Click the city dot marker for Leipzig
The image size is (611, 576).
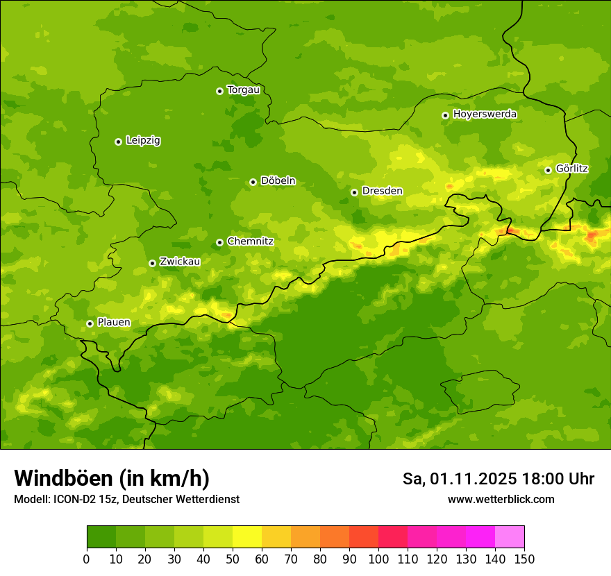pyautogui.click(x=118, y=142)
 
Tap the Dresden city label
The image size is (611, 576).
pyautogui.click(x=382, y=191)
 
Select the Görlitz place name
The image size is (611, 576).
pyautogui.click(x=571, y=169)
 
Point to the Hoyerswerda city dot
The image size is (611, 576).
pyautogui.click(x=445, y=115)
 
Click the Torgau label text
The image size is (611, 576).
pyautogui.click(x=243, y=90)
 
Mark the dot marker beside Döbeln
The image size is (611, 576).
pyautogui.click(x=253, y=182)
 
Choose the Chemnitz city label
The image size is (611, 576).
pyautogui.click(x=250, y=242)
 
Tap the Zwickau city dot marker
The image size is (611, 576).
pyautogui.click(x=152, y=263)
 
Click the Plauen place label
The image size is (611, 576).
pyautogui.click(x=113, y=323)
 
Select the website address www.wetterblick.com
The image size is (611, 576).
pyautogui.click(x=501, y=500)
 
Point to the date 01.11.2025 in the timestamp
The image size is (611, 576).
pyautogui.click(x=472, y=479)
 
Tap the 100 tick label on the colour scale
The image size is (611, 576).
pyautogui.click(x=378, y=559)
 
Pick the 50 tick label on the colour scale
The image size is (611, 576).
pyautogui.click(x=233, y=559)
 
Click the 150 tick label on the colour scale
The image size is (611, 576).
pyautogui.click(x=524, y=559)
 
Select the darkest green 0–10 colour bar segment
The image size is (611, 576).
pyautogui.click(x=101, y=537)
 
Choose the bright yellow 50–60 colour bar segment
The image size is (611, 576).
pyautogui.click(x=247, y=537)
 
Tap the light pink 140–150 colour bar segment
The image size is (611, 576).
pyautogui.click(x=510, y=537)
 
